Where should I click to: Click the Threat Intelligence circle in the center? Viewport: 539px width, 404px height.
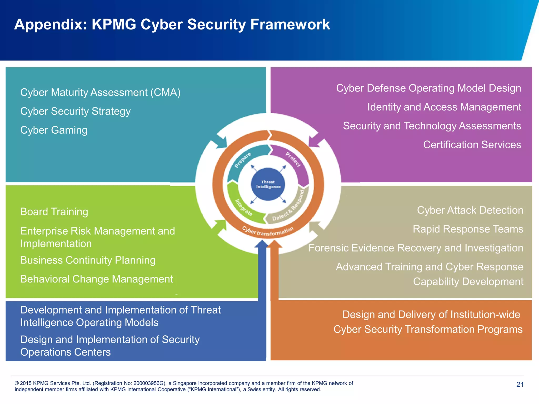point(268,184)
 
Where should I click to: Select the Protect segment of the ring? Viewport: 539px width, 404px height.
point(293,160)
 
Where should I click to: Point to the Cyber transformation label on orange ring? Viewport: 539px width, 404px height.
point(267,231)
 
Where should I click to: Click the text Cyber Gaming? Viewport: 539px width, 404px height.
point(54,130)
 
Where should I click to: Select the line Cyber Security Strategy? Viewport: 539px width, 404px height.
point(75,111)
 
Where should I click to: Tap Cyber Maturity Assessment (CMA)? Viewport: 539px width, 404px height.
point(100,92)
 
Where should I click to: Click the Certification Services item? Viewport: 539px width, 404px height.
point(472,145)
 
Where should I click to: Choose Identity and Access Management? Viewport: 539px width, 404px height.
point(444,107)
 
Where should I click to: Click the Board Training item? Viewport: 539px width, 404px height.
point(54,212)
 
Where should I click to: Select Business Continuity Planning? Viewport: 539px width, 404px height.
point(88,260)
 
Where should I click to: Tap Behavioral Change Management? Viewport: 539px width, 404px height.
point(97,279)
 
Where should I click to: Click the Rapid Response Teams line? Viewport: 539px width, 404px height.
point(468,229)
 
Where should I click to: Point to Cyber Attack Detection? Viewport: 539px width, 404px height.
point(470,210)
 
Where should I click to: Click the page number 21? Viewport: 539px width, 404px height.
point(520,385)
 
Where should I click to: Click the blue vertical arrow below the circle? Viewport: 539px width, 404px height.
point(262,274)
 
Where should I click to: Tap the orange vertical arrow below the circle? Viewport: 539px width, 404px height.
point(275,274)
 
